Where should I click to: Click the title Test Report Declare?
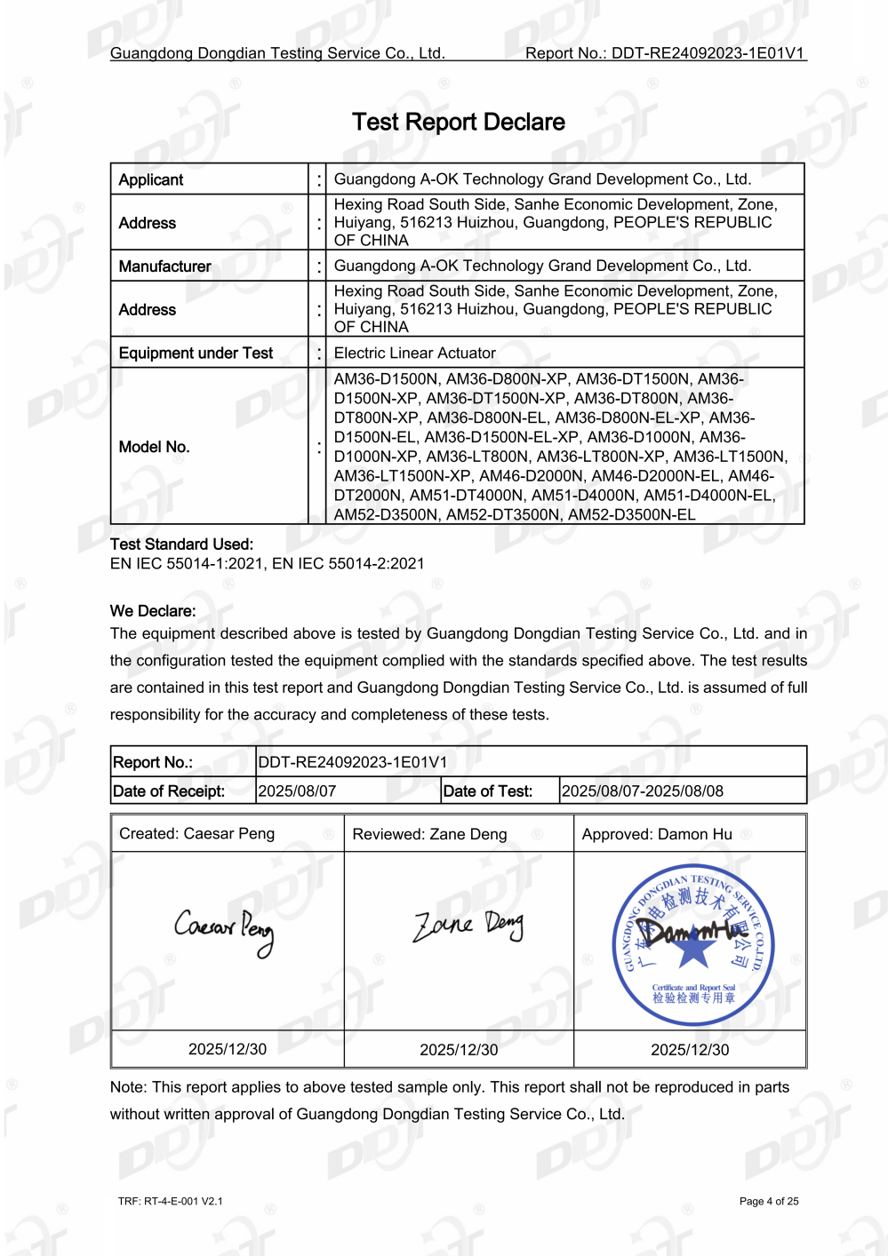coord(458,122)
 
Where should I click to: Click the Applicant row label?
coord(151,179)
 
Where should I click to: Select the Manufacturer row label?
coord(164,266)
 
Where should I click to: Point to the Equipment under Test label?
coord(196,353)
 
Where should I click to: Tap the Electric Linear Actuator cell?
coord(414,353)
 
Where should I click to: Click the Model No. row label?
coord(154,447)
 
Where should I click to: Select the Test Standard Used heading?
coord(181,544)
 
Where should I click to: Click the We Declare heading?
coord(153,611)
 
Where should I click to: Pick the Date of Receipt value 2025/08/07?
coord(297,791)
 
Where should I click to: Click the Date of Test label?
coord(487,791)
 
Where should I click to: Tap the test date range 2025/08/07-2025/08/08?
coord(643,791)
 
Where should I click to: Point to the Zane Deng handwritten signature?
coord(468,926)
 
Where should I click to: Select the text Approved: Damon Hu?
coord(657,834)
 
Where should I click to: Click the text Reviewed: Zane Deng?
coord(429,834)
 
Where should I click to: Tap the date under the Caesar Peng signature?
coord(228,1049)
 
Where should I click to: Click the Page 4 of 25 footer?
coord(769,1201)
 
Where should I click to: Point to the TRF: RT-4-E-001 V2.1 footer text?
coord(170,1201)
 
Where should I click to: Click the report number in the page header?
coord(665,53)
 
